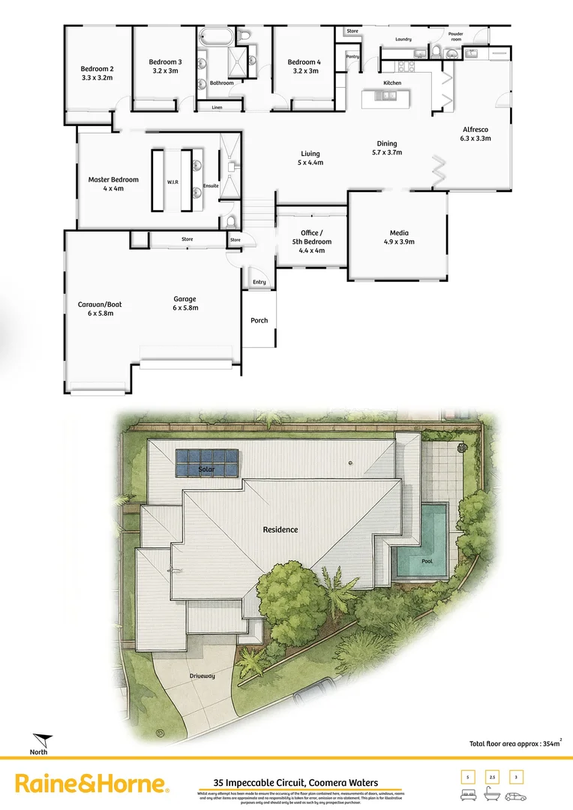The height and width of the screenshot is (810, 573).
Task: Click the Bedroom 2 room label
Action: [97, 72]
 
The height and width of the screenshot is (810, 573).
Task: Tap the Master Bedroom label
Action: [113, 184]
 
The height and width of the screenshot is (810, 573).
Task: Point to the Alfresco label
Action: [475, 133]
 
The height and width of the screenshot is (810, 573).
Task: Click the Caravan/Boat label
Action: [99, 308]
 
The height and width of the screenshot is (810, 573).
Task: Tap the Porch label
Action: [259, 320]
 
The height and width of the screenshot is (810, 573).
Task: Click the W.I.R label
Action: [172, 181]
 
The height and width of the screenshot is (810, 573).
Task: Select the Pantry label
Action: [352, 56]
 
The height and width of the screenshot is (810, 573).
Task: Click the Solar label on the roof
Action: [206, 469]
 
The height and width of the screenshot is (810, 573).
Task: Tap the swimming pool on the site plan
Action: [421, 541]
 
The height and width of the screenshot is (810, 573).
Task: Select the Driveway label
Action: [202, 676]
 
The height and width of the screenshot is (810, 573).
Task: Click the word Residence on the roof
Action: [280, 529]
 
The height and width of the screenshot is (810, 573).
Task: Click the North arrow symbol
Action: [42, 741]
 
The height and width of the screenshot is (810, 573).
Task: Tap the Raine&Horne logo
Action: [91, 784]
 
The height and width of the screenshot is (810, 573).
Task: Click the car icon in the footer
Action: [516, 794]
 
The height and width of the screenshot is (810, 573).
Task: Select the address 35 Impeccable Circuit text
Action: [295, 782]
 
